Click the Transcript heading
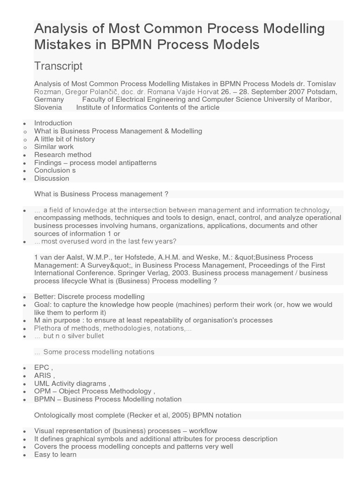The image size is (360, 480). click(58, 66)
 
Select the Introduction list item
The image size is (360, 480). click(53, 123)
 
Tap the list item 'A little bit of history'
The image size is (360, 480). click(64, 139)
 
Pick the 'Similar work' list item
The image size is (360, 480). click(54, 147)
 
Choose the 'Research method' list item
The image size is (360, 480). click(63, 155)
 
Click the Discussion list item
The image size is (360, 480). click(52, 178)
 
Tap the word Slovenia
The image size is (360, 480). click(48, 107)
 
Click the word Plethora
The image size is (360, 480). click(48, 328)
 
